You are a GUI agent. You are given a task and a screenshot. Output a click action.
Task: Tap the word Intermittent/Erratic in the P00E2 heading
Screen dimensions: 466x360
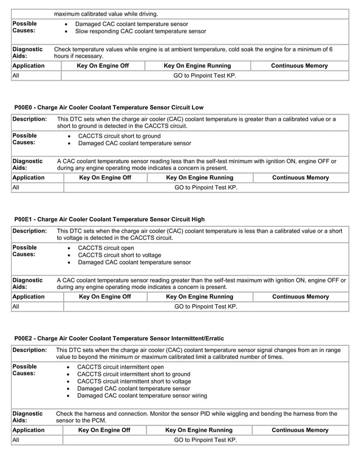coord(195,338)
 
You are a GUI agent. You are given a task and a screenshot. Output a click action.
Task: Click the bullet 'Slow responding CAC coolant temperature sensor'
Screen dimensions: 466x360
coord(141,32)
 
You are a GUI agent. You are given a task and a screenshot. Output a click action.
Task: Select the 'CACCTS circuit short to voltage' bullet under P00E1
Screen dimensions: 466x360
coord(122,255)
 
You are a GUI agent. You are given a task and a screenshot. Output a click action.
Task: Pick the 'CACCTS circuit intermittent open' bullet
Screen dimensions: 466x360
coord(121,367)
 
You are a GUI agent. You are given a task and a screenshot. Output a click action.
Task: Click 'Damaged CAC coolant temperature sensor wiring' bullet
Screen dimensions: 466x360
coord(142,396)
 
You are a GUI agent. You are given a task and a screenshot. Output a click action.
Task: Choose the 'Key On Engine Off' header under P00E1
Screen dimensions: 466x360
coord(105,296)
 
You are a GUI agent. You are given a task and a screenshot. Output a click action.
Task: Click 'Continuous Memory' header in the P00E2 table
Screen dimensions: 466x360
coord(300,430)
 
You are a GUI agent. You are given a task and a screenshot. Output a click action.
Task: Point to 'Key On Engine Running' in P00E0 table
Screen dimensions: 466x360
coord(199,178)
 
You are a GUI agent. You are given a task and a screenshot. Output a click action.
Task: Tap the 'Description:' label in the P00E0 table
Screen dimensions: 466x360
coord(30,120)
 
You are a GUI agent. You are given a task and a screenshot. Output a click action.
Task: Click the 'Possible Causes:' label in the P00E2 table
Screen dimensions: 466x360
coord(25,370)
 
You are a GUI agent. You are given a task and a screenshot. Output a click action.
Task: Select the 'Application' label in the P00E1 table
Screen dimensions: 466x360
coord(29,296)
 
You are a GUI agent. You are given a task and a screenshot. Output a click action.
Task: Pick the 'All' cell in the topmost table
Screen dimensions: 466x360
coord(16,76)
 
